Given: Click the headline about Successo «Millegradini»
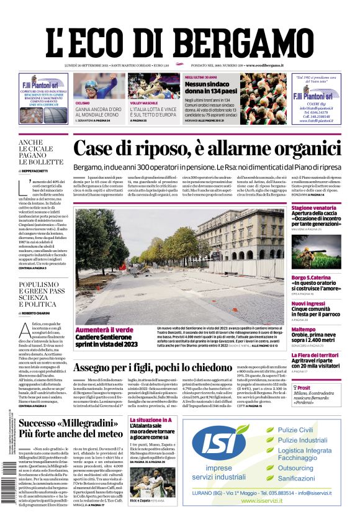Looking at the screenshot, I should [71, 428].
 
